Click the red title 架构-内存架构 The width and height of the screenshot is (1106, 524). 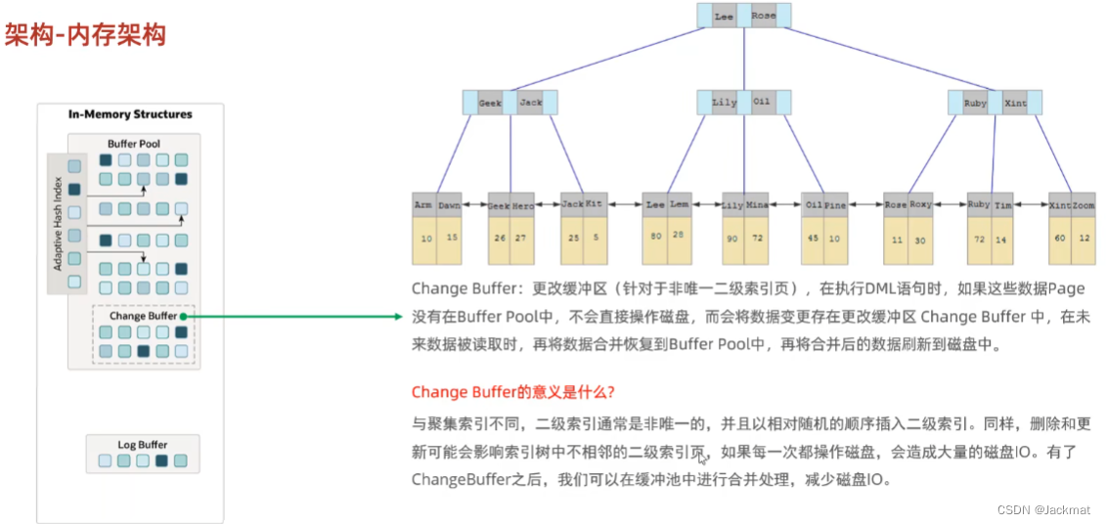click(x=85, y=36)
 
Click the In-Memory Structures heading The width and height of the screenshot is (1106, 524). click(x=130, y=114)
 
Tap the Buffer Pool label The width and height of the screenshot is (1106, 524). click(x=134, y=144)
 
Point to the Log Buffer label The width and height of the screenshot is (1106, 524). click(x=143, y=445)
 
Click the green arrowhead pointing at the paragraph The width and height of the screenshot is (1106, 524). click(x=397, y=317)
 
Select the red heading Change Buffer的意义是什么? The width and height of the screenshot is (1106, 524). click(x=512, y=392)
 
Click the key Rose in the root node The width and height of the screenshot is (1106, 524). click(x=764, y=17)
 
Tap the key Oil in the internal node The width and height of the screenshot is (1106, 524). click(x=762, y=102)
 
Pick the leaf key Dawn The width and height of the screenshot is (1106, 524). click(x=449, y=205)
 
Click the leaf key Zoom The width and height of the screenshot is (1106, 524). click(x=1084, y=206)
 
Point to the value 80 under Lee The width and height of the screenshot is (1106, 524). click(x=655, y=236)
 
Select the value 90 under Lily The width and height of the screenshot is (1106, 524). click(x=732, y=238)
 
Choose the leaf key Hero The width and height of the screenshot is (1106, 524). click(x=523, y=206)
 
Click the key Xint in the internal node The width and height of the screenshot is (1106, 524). click(x=1015, y=103)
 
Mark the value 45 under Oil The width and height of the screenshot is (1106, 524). click(x=812, y=238)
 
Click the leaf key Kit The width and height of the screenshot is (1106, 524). click(x=594, y=205)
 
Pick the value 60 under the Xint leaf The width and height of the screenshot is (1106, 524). click(x=1060, y=238)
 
